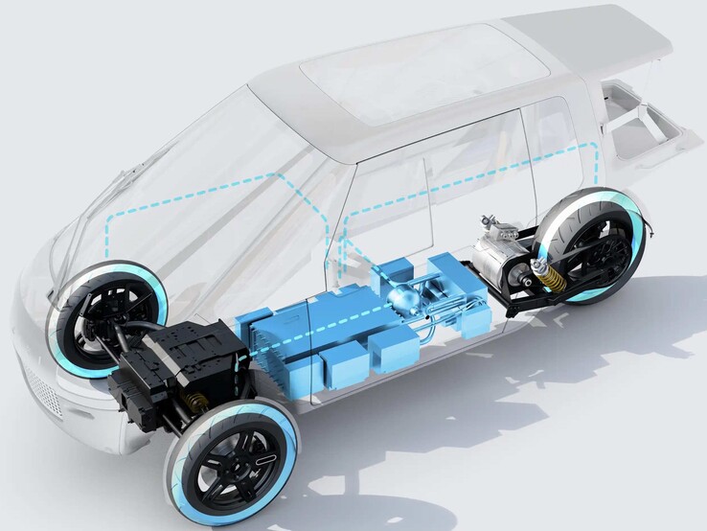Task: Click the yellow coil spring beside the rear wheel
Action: coord(554,278)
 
